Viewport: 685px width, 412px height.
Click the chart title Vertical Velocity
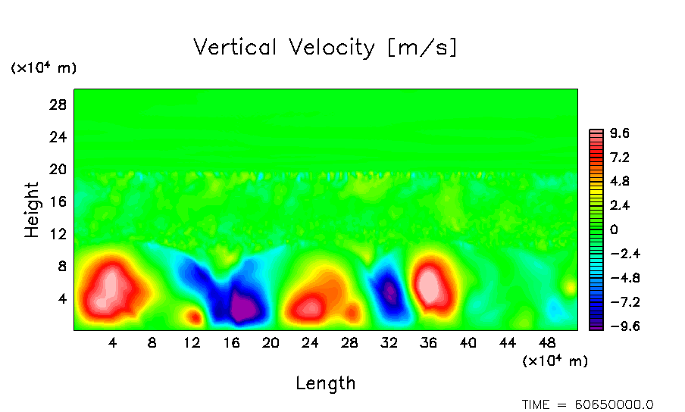326,48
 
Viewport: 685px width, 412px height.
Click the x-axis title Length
326,383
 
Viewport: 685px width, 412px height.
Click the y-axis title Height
32,210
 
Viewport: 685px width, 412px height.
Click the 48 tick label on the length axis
546,342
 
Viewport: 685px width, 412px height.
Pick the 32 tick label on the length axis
389,342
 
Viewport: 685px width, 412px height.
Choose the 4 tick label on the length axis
113,342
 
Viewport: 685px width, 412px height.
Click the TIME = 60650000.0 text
587,404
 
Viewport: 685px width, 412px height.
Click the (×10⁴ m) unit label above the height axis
43,68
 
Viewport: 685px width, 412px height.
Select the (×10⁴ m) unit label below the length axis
555,361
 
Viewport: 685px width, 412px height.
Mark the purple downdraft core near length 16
243,307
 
